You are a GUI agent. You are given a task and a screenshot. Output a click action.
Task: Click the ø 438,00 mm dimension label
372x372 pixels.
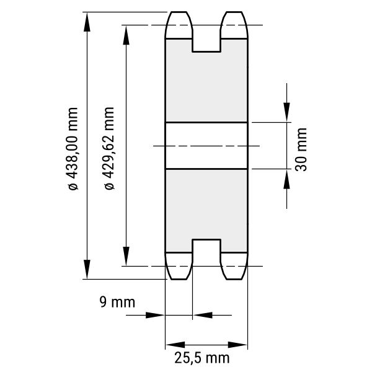coord(73,149)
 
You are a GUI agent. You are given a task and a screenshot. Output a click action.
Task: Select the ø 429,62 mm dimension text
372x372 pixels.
coord(109,148)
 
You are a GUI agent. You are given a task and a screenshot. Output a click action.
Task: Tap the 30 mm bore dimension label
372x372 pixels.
coord(301,149)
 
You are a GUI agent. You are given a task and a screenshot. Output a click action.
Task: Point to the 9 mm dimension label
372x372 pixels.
coord(117,302)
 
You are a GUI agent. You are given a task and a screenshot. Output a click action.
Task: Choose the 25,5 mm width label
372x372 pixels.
coord(202,358)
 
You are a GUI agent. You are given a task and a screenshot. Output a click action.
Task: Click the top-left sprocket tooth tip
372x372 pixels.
coord(179,12)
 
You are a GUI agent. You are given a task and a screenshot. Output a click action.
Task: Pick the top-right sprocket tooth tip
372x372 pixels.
coord(234,12)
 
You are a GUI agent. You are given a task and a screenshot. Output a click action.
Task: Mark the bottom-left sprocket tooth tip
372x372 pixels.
coord(179,279)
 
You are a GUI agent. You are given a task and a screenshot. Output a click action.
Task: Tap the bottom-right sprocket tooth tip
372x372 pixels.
coord(234,279)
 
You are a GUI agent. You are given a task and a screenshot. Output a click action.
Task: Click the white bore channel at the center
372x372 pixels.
coord(206,146)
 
